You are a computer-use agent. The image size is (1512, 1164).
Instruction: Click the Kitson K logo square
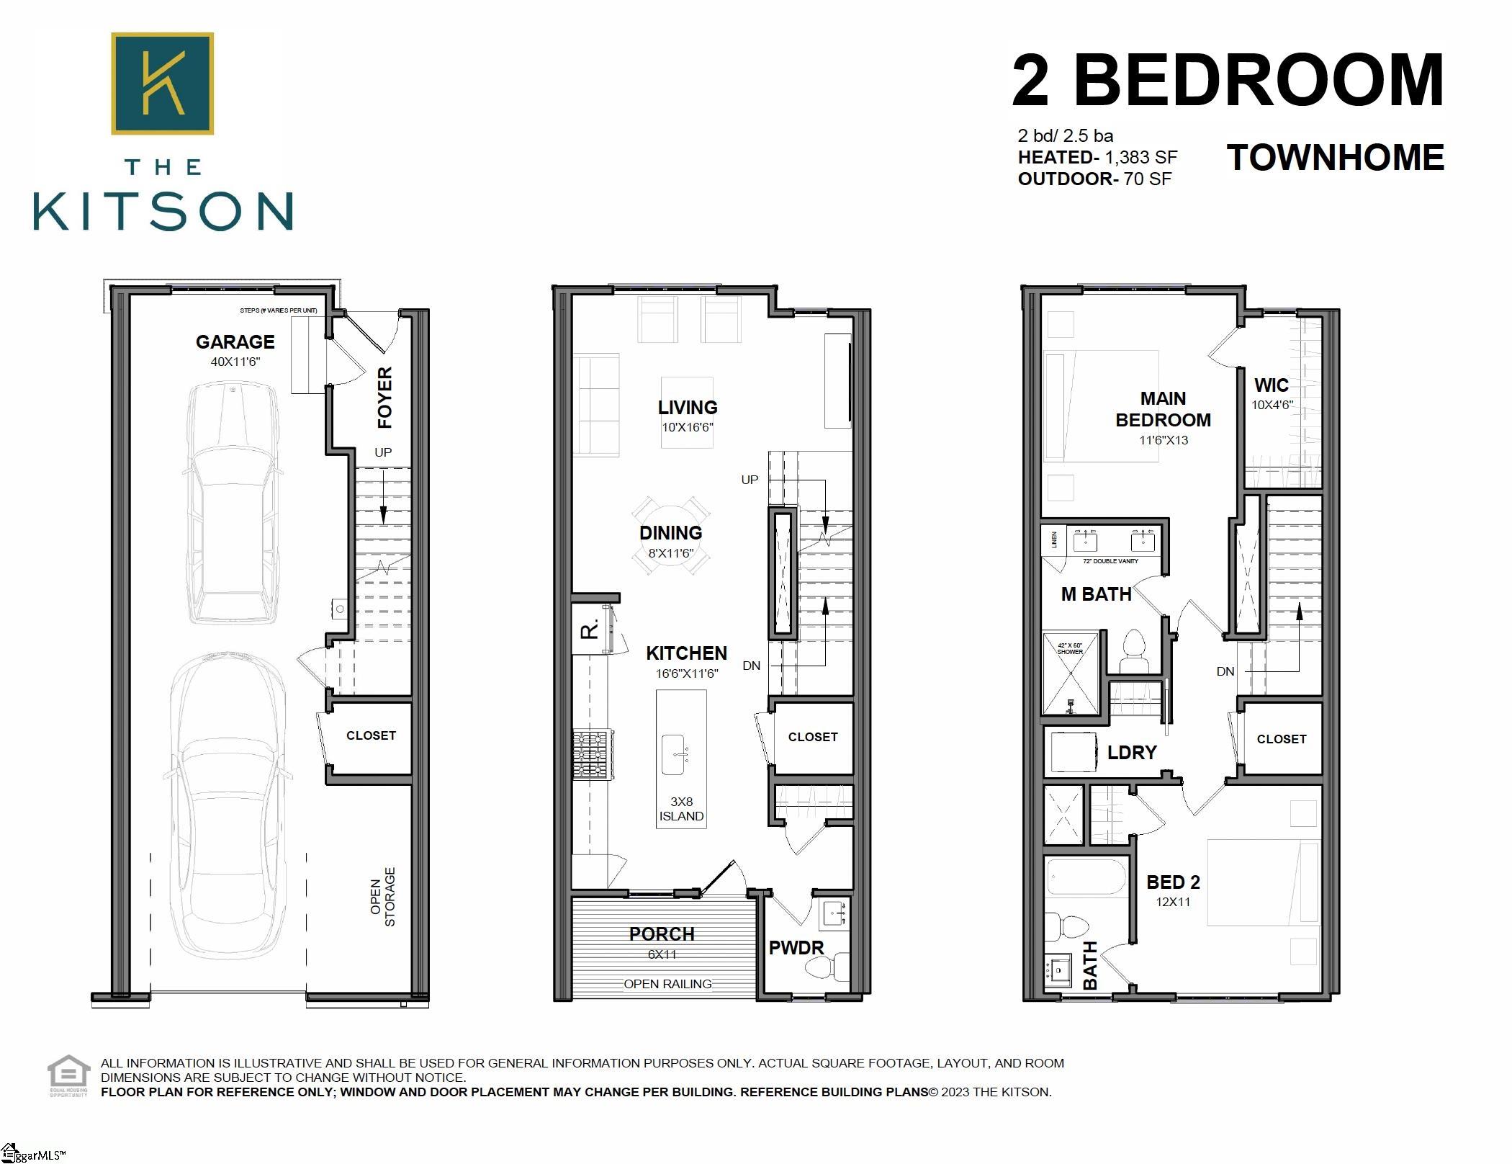pos(162,83)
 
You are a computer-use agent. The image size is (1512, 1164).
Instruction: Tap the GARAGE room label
pos(235,342)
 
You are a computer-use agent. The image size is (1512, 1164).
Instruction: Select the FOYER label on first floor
pos(386,397)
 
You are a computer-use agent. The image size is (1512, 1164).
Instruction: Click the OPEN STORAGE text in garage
pos(382,897)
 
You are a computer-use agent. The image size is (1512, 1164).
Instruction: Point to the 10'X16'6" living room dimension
pos(688,427)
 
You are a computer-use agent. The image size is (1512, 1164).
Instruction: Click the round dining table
pos(671,535)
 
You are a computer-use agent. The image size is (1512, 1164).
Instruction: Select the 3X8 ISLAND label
pos(681,809)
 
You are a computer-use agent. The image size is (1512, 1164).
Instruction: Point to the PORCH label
pos(662,934)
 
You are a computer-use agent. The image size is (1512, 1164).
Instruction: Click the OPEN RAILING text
pos(667,984)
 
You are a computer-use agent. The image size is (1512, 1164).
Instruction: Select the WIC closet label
pos(1272,385)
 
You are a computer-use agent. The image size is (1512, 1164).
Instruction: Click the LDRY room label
pos(1132,753)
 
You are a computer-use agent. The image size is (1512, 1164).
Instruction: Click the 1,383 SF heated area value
pos(1141,158)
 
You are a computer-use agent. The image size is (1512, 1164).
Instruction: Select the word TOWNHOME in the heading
pos(1336,158)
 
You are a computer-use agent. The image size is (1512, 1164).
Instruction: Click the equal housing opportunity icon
pos(68,1073)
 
